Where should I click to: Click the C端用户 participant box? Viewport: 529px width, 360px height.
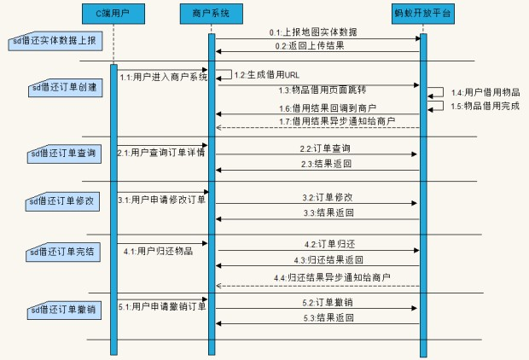point(113,15)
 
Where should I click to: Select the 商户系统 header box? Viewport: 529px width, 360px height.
point(210,15)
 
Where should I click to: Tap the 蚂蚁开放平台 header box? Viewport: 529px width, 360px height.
point(422,15)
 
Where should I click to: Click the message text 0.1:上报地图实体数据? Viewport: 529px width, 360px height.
point(315,32)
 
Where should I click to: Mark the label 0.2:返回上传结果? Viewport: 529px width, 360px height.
point(310,45)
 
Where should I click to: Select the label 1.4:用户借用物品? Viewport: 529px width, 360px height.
point(485,91)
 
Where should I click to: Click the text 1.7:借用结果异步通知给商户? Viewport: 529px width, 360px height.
point(337,122)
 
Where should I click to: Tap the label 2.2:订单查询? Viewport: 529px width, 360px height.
point(313,148)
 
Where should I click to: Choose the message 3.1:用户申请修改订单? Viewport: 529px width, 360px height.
point(161,200)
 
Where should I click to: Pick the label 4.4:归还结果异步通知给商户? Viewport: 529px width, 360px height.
point(333,278)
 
